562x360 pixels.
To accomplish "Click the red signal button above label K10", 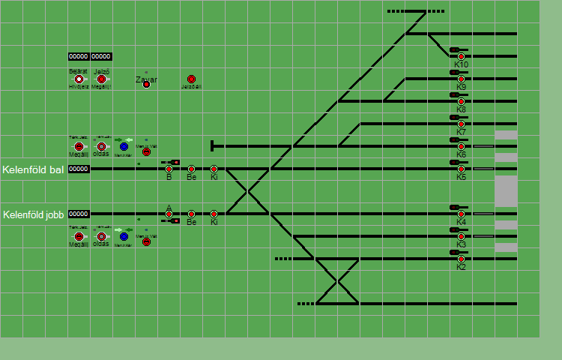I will coord(462,56).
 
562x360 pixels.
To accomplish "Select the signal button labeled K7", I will coord(462,124).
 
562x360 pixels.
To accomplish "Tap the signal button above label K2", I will coord(462,259).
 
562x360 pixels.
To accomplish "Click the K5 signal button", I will coord(462,169).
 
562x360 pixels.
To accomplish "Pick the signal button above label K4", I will coord(462,214).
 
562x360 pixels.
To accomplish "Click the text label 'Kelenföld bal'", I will coord(33,169).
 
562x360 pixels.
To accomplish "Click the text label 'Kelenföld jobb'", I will coord(34,214).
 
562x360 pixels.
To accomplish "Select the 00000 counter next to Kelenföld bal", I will coord(79,169).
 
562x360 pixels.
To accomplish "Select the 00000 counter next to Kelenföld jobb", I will coord(79,214).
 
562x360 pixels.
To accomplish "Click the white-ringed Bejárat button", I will coord(79,79).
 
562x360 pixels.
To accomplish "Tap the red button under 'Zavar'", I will coord(147,84).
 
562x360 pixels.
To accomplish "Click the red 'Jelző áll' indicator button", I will coord(191,79).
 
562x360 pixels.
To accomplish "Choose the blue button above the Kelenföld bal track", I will coord(124,146).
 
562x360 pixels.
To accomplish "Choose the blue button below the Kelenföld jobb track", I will coord(124,236).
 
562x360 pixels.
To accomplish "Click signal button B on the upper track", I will coord(169,169).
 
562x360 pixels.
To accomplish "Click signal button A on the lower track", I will coord(169,214).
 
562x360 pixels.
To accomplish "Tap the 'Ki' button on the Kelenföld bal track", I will coord(214,169).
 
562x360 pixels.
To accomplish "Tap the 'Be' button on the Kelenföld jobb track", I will coord(192,214).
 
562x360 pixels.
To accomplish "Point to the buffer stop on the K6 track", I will coord(214,146).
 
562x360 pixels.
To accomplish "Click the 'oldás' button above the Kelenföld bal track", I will coord(101,146).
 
